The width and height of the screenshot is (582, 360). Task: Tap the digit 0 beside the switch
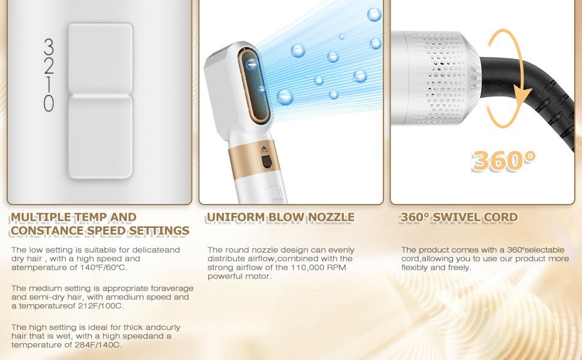coord(49,103)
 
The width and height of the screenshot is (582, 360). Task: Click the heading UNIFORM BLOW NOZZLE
coord(280,217)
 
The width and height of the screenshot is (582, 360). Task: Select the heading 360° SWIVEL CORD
coord(459,217)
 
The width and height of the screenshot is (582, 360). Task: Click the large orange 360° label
coord(503,161)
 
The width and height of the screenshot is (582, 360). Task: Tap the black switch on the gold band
coord(266,162)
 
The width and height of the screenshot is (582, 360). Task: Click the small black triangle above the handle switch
coord(264,148)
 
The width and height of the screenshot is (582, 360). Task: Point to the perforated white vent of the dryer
coord(442,78)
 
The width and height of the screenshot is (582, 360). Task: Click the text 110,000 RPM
coord(318,267)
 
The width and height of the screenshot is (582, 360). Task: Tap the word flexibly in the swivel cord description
coord(414,268)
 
